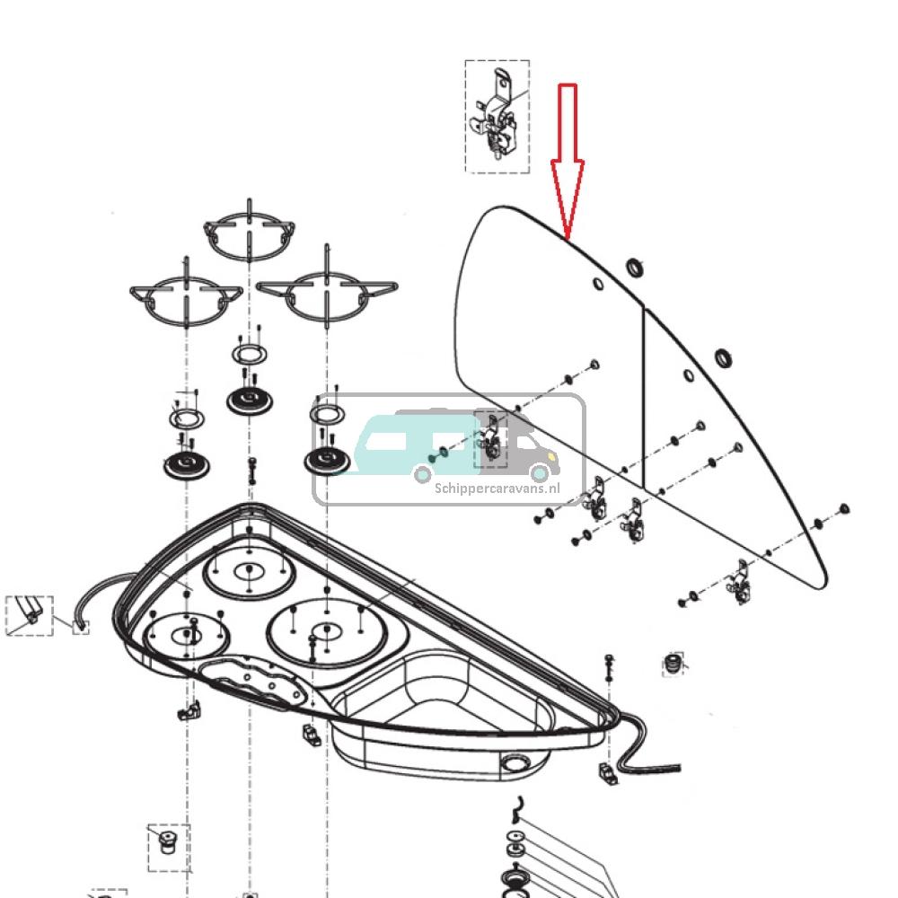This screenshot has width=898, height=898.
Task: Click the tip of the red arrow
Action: click(x=567, y=238)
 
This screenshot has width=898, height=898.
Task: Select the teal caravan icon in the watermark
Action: click(x=415, y=444)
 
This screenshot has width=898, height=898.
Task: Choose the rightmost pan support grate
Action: click(x=327, y=294)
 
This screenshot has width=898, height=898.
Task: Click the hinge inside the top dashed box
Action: click(x=495, y=117)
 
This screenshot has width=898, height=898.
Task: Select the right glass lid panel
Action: click(x=727, y=449)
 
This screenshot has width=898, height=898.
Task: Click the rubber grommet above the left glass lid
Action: click(x=635, y=267)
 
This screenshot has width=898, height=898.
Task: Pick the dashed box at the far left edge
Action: click(x=30, y=615)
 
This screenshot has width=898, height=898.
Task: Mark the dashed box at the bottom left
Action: click(x=168, y=847)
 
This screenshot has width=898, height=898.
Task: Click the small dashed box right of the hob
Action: click(x=673, y=665)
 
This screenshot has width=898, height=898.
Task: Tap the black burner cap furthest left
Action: click(x=186, y=466)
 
